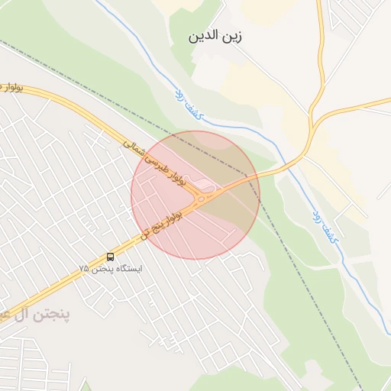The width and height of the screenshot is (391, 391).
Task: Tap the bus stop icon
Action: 111,257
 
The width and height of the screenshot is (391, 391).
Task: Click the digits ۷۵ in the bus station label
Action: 84,269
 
